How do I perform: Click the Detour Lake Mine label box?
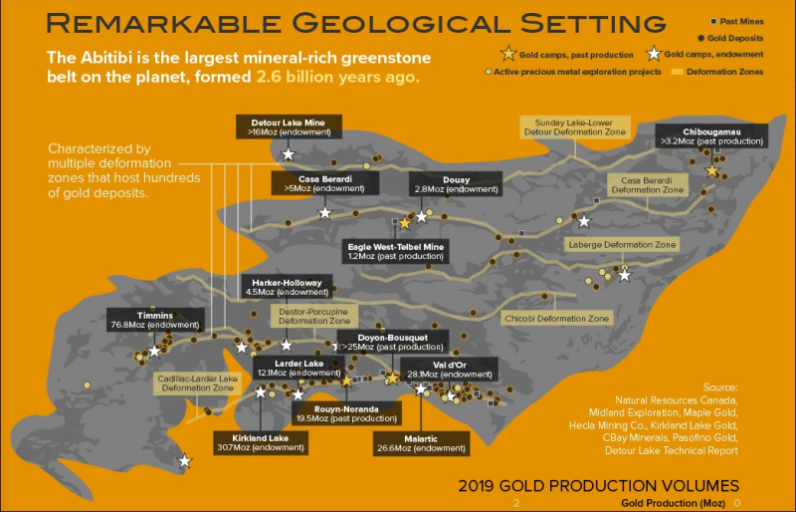(288, 126)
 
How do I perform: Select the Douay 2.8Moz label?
(456, 184)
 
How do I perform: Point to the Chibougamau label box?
(710, 136)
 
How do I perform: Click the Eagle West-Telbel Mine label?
(396, 251)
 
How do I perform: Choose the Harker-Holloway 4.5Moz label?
(287, 288)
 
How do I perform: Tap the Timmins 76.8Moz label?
(155, 320)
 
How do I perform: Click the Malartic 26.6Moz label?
(422, 443)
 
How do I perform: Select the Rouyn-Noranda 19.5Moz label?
(345, 413)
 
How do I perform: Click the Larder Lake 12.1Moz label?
(299, 369)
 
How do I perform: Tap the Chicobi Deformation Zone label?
(557, 319)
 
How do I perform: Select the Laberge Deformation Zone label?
(622, 244)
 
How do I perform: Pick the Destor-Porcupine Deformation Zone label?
(314, 316)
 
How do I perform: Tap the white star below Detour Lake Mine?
(289, 154)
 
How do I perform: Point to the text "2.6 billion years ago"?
(337, 76)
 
